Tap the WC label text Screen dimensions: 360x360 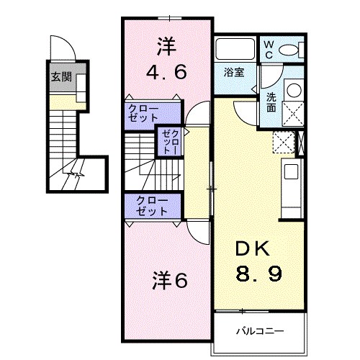[x=269, y=50]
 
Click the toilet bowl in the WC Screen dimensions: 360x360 [x=289, y=50]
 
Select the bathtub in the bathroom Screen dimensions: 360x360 [x=235, y=49]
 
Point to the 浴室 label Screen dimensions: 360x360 [x=234, y=72]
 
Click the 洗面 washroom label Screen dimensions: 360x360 [x=271, y=103]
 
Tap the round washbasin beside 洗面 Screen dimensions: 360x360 [x=294, y=90]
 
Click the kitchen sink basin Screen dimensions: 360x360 [x=292, y=171]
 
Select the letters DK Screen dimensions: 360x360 [x=252, y=248]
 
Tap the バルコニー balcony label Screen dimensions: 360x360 [x=260, y=331]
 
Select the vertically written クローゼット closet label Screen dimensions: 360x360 [x=171, y=142]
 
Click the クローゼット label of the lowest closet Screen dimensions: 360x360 [x=152, y=206]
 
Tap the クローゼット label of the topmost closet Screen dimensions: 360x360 [x=143, y=113]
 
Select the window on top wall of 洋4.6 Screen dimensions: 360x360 [x=170, y=18]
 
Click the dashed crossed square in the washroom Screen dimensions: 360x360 [x=293, y=114]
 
